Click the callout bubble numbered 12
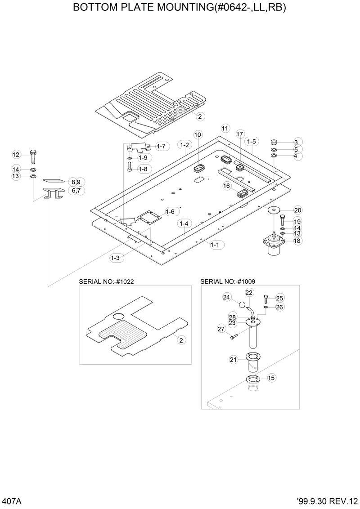click(x=16, y=155)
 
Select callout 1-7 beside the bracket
click(x=161, y=146)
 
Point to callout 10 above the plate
click(x=198, y=135)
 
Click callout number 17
click(x=240, y=134)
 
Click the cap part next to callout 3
click(x=273, y=142)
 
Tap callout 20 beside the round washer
click(x=297, y=210)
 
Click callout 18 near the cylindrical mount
click(x=297, y=241)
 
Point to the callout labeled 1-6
click(x=170, y=211)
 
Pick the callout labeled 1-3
click(x=115, y=258)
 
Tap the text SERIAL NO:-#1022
click(x=106, y=281)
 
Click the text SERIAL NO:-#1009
click(x=227, y=281)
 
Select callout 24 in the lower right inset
click(x=226, y=297)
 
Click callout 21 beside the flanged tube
click(x=233, y=359)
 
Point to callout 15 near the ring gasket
click(x=271, y=378)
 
